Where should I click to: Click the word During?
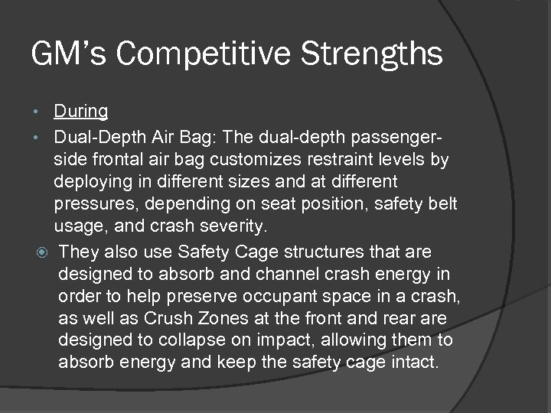click(80, 111)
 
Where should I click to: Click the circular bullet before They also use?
click(41, 252)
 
